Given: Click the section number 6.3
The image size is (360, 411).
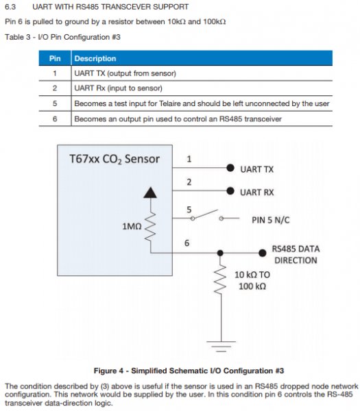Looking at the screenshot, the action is click(10, 7).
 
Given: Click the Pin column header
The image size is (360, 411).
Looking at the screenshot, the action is click(55, 58).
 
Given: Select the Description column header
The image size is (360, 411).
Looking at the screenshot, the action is click(95, 58).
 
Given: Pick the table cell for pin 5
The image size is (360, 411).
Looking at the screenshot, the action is click(55, 103).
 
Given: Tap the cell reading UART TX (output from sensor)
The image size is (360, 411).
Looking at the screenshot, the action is click(125, 73).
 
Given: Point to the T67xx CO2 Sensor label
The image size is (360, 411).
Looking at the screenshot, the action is click(115, 159).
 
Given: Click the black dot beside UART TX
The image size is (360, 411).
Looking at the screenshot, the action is click(230, 168).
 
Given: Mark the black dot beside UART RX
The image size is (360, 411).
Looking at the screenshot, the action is click(230, 191).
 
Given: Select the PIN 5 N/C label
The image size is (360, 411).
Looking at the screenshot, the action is click(271, 220).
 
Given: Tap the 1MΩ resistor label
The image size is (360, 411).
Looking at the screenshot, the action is click(132, 226).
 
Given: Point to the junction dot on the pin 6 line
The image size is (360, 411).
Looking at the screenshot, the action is click(220, 253).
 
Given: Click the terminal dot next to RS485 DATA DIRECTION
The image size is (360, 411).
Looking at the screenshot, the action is click(263, 253).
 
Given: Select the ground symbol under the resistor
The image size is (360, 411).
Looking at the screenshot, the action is click(221, 346).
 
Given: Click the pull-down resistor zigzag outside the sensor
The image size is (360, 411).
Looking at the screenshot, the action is click(220, 279).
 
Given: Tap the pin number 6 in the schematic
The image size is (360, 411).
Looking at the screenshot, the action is click(187, 243).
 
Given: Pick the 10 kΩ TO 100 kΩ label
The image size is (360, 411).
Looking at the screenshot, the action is click(252, 280).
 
